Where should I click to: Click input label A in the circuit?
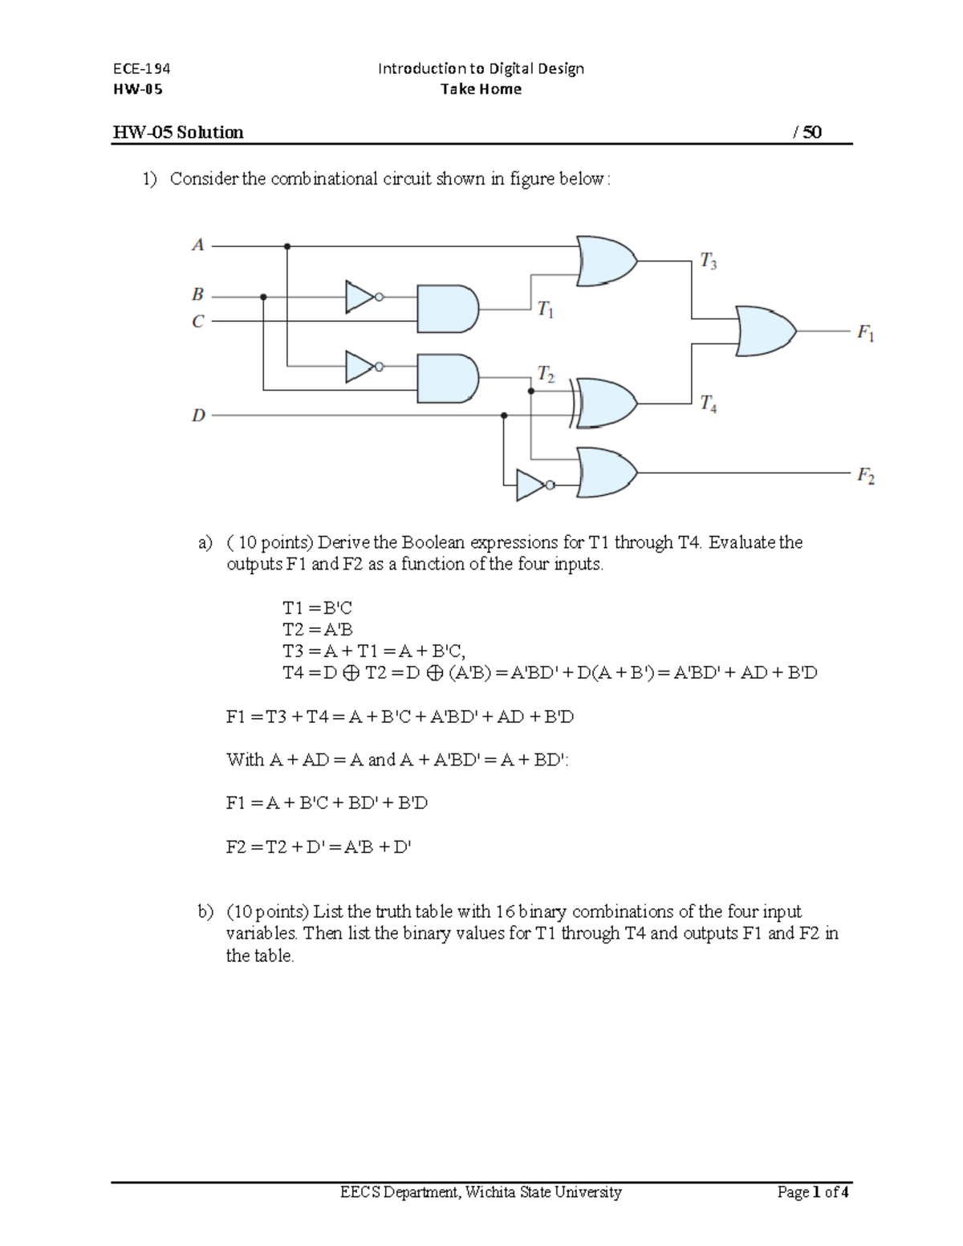[198, 245]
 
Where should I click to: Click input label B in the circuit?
[197, 294]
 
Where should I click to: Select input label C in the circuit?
[197, 322]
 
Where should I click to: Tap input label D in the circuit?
[198, 416]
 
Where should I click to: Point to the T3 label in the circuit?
[708, 261]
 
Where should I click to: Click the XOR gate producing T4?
[604, 403]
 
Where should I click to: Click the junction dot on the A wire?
[287, 246]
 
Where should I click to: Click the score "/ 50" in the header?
[807, 132]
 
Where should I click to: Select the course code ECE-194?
[141, 68]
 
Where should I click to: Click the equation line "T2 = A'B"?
[318, 630]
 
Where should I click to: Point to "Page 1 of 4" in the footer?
[813, 1192]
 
